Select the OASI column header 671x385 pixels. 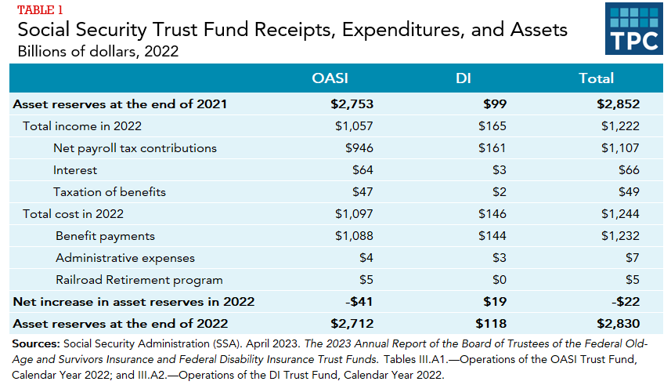pyautogui.click(x=330, y=78)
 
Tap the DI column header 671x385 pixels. pyautogui.click(x=463, y=78)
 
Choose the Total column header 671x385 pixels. pyautogui.click(x=596, y=78)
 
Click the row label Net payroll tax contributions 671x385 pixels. pyautogui.click(x=135, y=148)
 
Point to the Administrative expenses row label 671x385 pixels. pyautogui.click(x=125, y=258)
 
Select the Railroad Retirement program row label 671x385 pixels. pyautogui.click(x=139, y=280)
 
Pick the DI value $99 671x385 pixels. pyautogui.click(x=495, y=104)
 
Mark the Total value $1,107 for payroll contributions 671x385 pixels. pyautogui.click(x=621, y=148)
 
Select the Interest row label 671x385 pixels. pyautogui.click(x=75, y=170)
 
